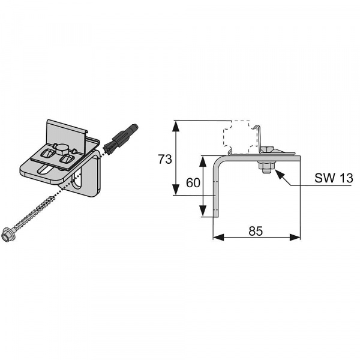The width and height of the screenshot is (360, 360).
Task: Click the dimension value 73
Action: (x=165, y=159)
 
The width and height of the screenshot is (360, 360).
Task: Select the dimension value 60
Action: (x=193, y=183)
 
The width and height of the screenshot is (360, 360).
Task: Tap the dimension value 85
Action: (x=256, y=231)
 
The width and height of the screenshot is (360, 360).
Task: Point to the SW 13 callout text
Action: (x=334, y=178)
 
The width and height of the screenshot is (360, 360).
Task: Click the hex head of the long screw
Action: (x=6, y=235)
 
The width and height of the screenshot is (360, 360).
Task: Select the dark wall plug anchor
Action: (x=121, y=139)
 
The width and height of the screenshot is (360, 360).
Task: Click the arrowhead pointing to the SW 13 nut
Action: (x=279, y=174)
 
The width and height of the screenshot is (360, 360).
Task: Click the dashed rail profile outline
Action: (x=240, y=137)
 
